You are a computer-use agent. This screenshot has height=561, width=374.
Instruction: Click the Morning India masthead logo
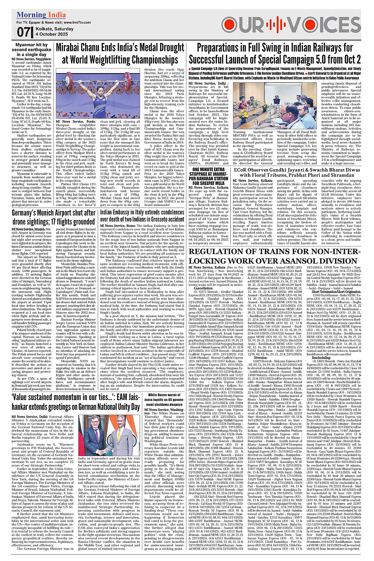[x=41, y=15]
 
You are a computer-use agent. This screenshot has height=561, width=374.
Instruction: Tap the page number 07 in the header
[x=24, y=32]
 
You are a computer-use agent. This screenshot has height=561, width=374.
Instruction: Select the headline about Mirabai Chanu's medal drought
[x=120, y=54]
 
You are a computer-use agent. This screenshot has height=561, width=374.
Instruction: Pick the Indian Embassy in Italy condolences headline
[x=142, y=215]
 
